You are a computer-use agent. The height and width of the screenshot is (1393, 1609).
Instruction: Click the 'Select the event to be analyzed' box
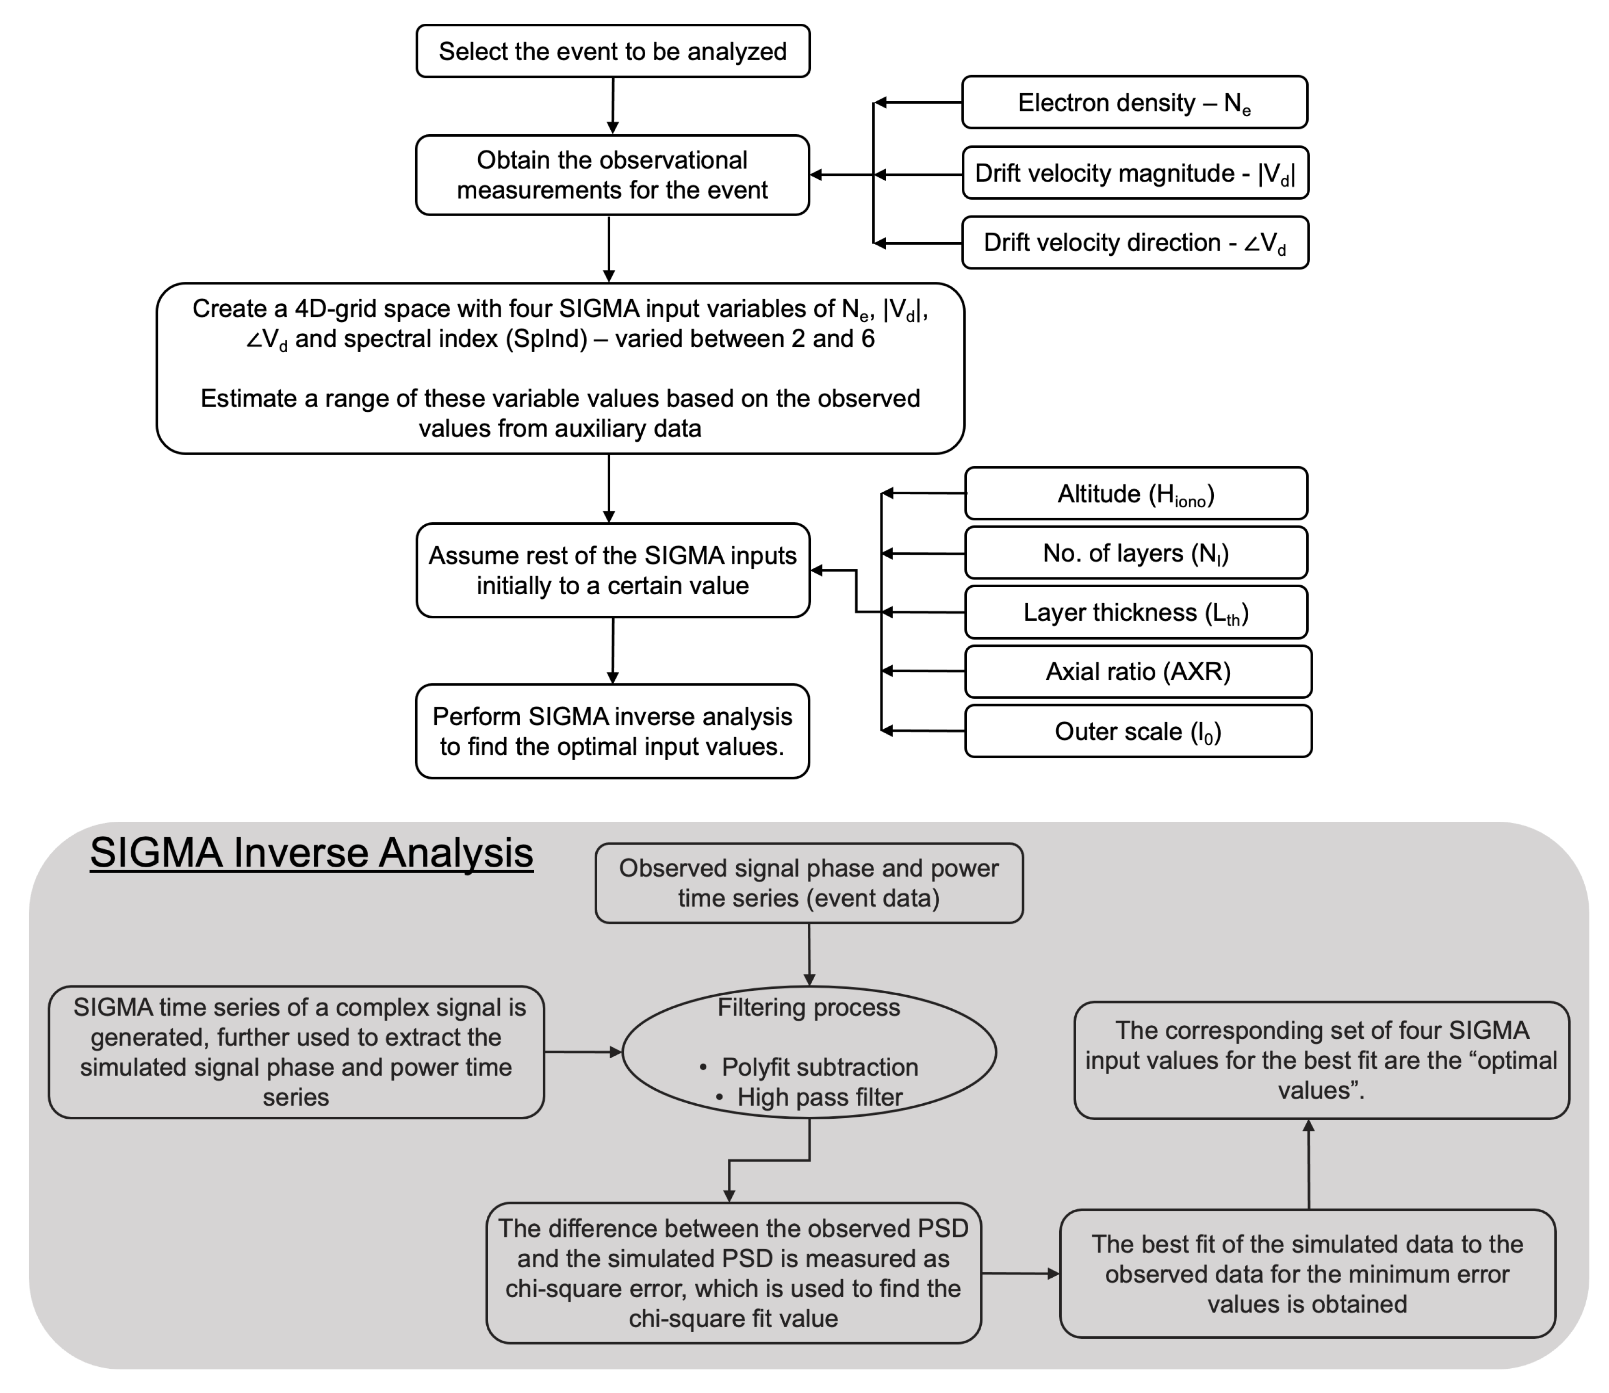click(x=613, y=51)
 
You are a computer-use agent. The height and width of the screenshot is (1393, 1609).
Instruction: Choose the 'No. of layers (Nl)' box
click(x=1136, y=553)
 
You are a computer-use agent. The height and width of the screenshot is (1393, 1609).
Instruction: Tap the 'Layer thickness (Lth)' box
click(x=1136, y=612)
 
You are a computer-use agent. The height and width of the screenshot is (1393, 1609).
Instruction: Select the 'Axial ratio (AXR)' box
click(x=1138, y=672)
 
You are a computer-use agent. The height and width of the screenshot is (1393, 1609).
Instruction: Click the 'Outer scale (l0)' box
click(x=1138, y=731)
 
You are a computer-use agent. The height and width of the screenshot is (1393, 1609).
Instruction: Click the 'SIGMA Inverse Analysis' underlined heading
click(x=311, y=853)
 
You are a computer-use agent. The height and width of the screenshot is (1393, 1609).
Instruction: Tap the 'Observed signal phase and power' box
click(x=809, y=883)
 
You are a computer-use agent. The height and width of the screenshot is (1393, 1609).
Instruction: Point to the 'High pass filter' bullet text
click(x=820, y=1097)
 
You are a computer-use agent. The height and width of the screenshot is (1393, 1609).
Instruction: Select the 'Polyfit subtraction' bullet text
click(x=820, y=1067)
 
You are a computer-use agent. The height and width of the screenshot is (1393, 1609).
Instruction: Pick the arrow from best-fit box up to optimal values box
click(x=1309, y=1164)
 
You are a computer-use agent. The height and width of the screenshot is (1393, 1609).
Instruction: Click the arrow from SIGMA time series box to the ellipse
click(x=584, y=1052)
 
